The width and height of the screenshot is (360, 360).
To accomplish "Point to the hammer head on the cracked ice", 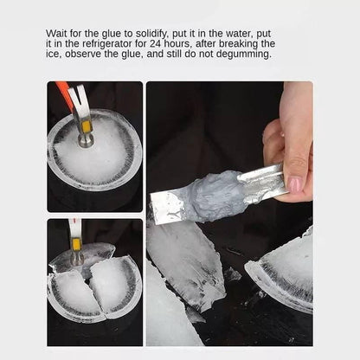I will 76,254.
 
